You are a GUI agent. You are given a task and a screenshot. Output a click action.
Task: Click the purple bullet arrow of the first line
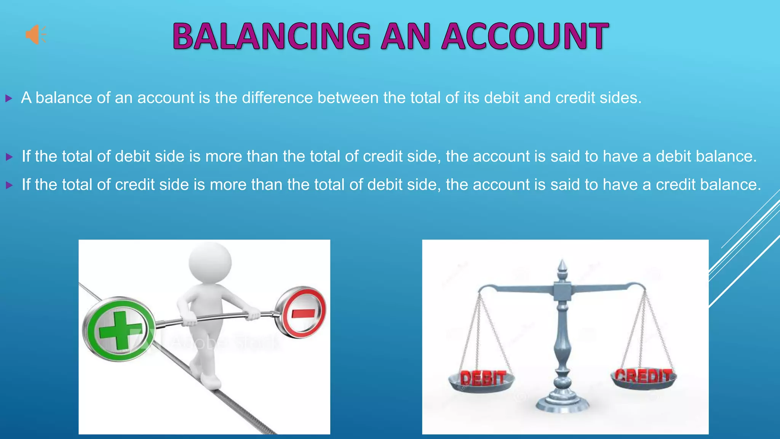point(9,99)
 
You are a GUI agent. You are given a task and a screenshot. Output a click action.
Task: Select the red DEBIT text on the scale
point(483,378)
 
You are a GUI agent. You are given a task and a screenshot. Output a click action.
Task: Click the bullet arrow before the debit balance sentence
point(9,157)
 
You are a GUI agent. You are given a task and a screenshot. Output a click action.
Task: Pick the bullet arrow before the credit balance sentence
point(9,186)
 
